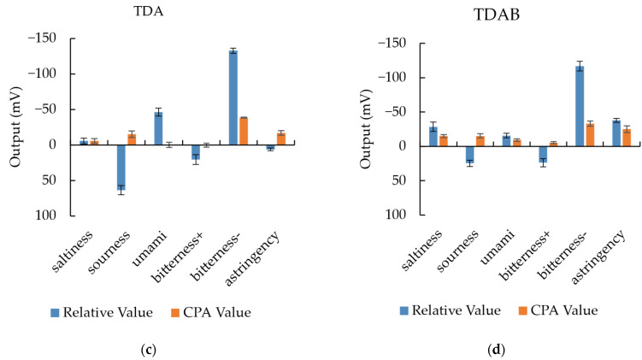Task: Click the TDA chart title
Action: click(x=148, y=11)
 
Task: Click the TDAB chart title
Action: click(x=497, y=15)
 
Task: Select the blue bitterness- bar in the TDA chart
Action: click(x=233, y=97)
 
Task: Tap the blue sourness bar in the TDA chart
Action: click(x=121, y=167)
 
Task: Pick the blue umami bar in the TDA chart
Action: click(x=158, y=128)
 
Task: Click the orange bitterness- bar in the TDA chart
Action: click(x=244, y=131)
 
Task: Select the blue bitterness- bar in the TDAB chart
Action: click(x=580, y=106)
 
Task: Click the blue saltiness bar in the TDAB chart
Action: click(x=433, y=136)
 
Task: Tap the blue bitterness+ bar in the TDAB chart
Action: click(x=543, y=155)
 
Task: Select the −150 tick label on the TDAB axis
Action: click(x=392, y=43)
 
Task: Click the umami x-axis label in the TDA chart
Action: click(x=150, y=248)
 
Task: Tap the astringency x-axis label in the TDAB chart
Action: click(x=598, y=256)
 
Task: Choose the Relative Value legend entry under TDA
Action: click(x=102, y=312)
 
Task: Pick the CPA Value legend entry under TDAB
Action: click(x=558, y=310)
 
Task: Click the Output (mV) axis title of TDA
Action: click(x=15, y=127)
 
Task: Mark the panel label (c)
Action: click(x=148, y=351)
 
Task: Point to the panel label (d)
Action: click(x=497, y=351)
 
